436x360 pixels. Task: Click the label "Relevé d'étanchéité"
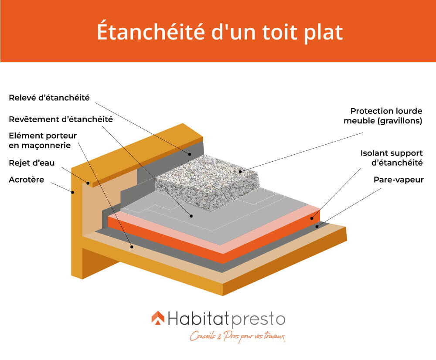(x=49, y=98)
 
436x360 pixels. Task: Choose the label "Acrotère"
(x=27, y=180)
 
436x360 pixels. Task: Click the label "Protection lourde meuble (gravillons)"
(x=386, y=116)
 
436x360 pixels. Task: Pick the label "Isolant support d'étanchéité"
(x=392, y=158)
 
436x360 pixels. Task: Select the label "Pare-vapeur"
(x=399, y=179)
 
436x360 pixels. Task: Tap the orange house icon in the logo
(x=158, y=319)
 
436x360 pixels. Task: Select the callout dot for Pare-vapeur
(x=319, y=226)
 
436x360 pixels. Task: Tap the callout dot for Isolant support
(x=312, y=217)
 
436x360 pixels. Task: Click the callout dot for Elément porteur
(x=131, y=247)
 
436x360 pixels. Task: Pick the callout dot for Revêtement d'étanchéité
(x=190, y=215)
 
